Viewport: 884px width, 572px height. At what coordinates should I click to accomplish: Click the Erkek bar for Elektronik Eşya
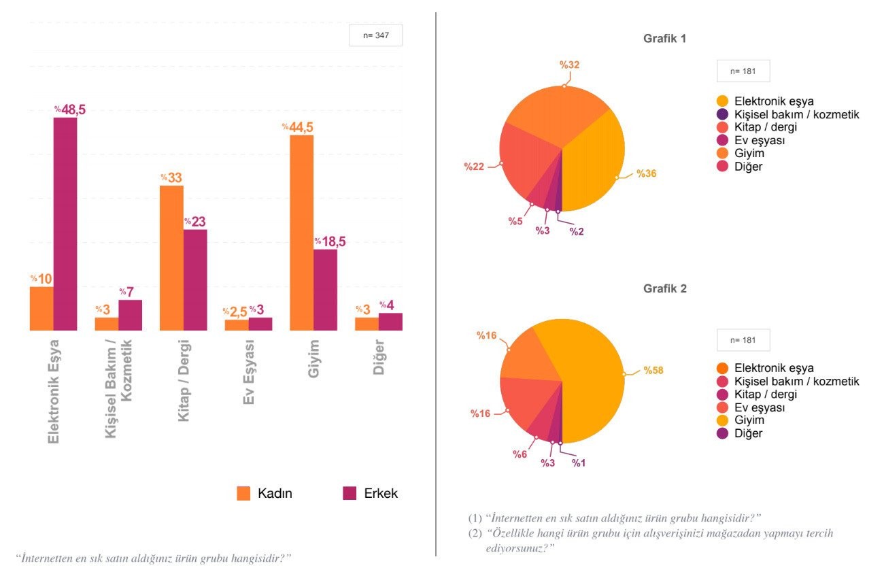[65, 224]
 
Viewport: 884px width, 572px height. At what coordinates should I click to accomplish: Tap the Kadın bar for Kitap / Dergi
[172, 258]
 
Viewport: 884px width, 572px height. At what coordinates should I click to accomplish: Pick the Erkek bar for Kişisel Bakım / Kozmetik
[131, 315]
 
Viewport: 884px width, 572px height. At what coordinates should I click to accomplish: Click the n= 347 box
[376, 35]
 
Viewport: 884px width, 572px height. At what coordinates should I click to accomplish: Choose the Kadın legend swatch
[243, 493]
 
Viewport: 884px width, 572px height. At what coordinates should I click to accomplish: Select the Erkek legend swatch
[350, 493]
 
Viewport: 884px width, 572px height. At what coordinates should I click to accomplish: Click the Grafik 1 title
[664, 39]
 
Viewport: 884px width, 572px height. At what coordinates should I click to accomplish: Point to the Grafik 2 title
[664, 288]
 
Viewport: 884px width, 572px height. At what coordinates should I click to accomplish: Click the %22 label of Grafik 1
[474, 166]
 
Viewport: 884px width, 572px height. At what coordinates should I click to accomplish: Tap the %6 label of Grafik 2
[520, 454]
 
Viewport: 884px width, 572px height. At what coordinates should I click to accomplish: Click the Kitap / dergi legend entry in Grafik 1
[766, 127]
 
